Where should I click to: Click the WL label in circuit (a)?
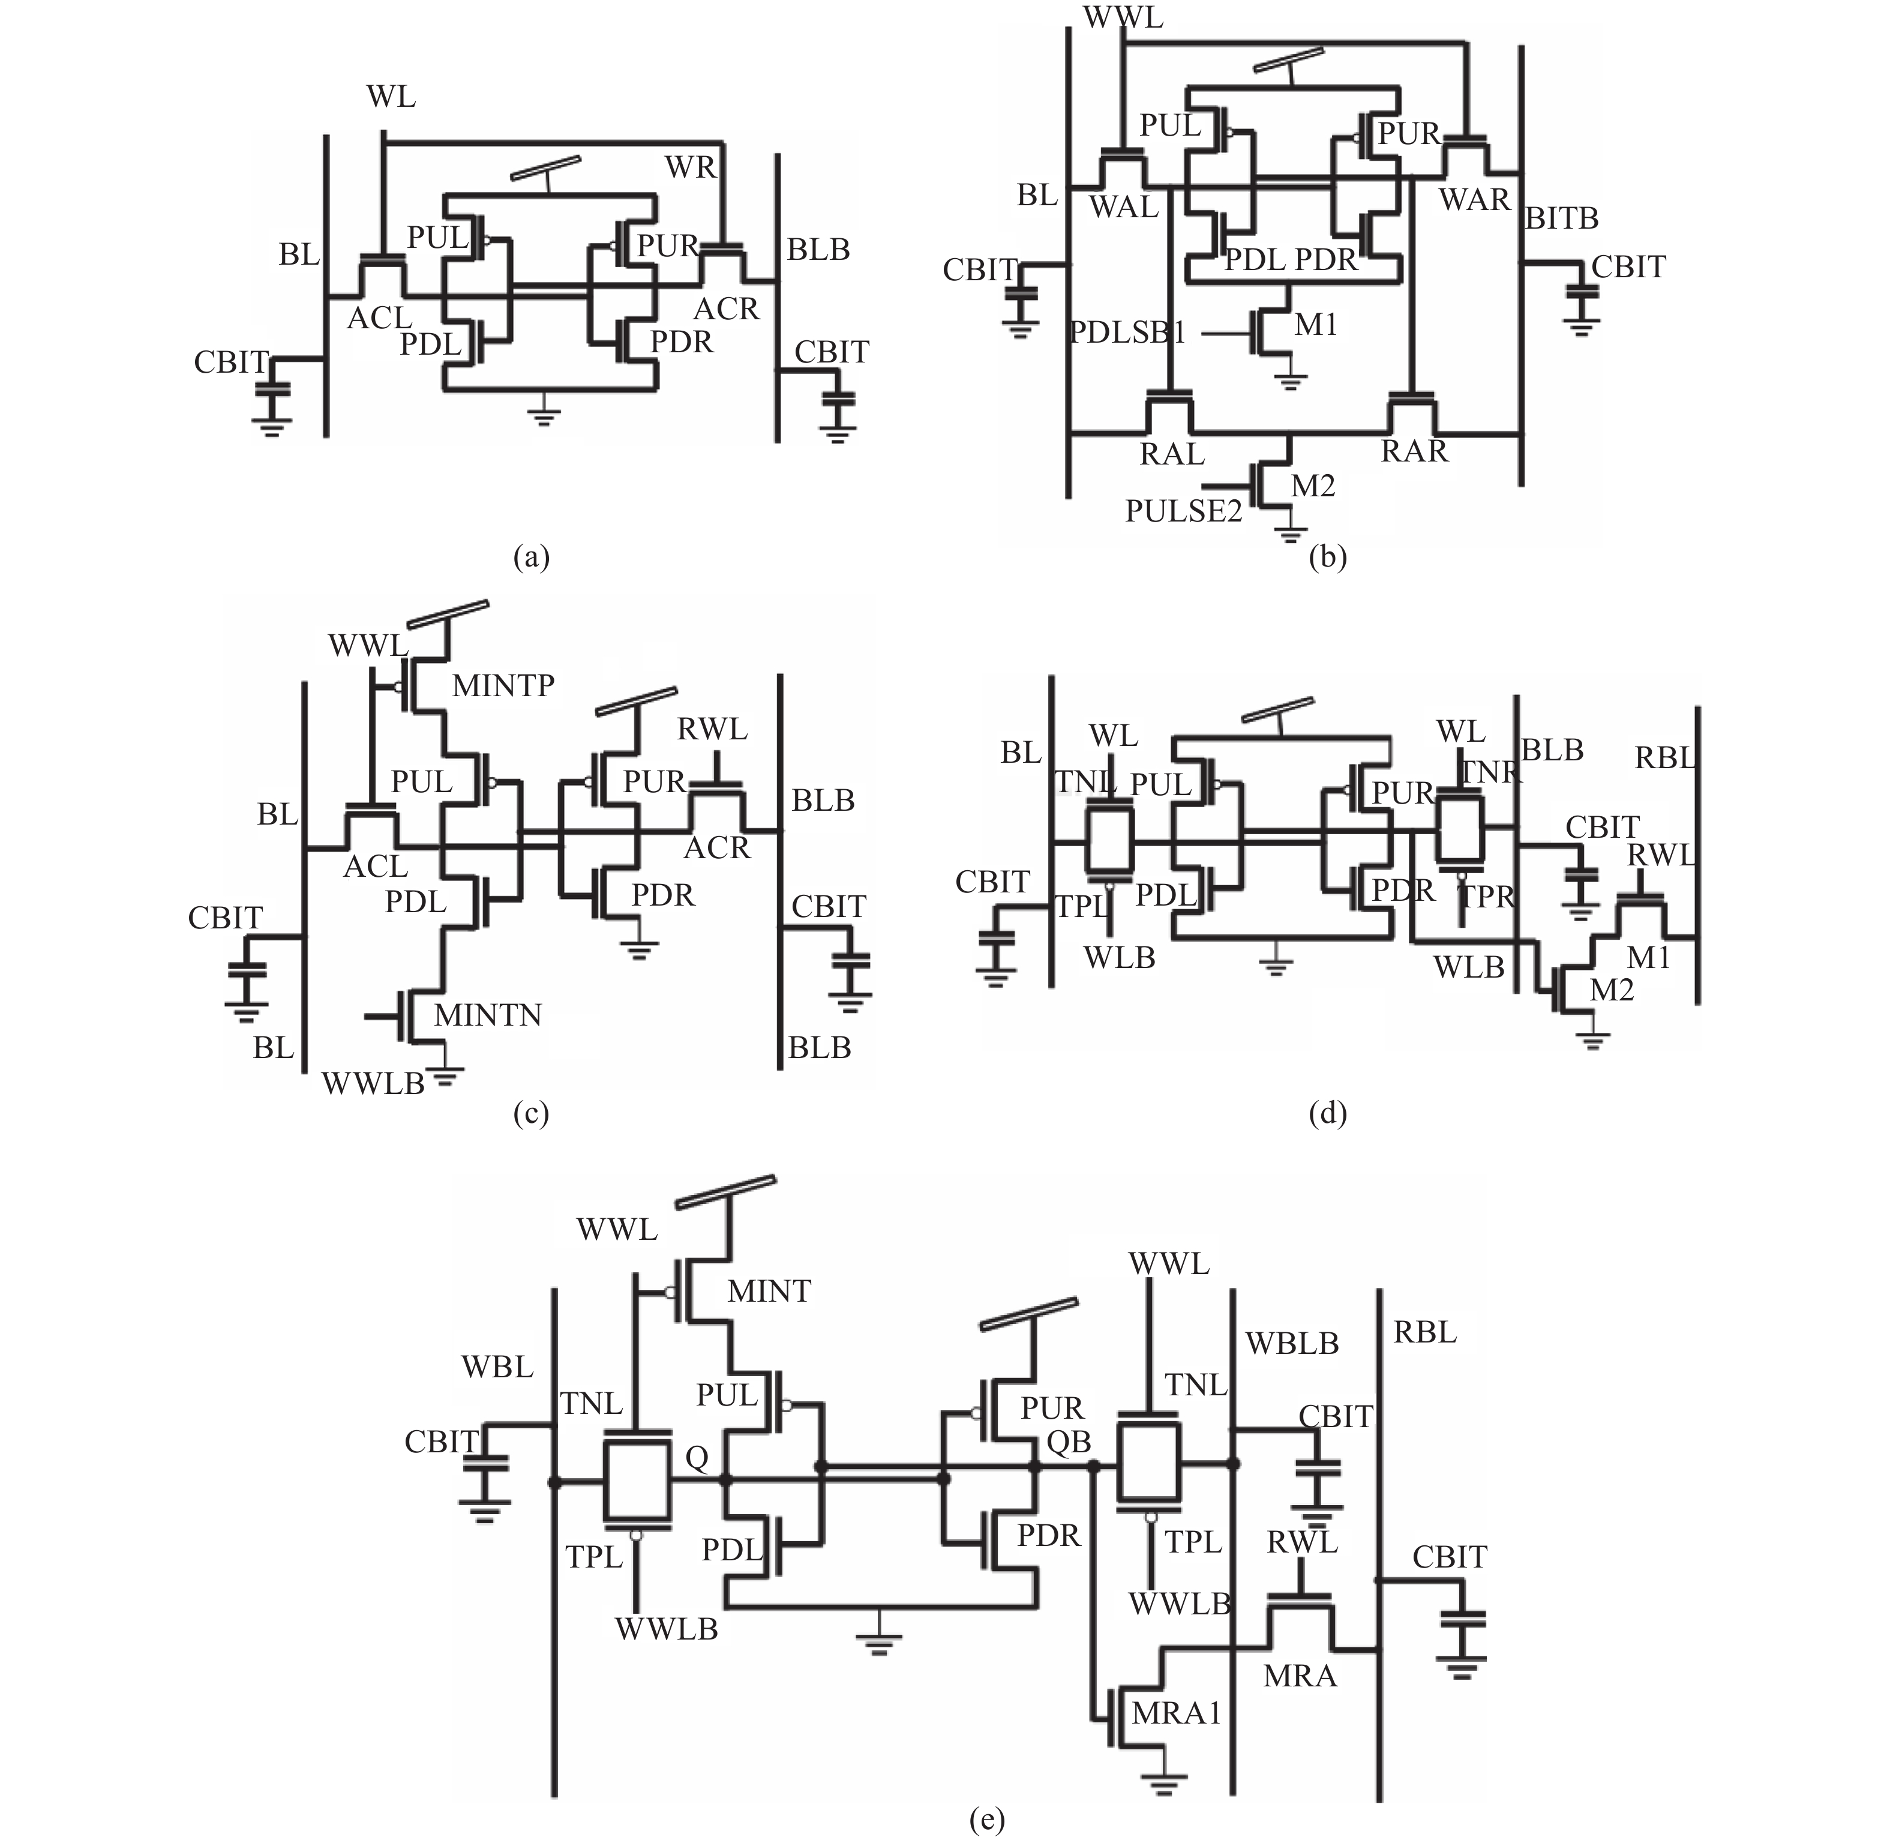click(391, 98)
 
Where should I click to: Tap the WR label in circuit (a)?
click(691, 168)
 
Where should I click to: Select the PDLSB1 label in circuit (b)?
click(1127, 332)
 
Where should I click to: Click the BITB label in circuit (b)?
click(1561, 220)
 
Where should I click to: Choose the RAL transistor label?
click(1172, 454)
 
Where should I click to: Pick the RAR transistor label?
click(1415, 451)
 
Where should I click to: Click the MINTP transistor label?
click(503, 686)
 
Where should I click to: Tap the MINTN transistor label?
click(488, 1015)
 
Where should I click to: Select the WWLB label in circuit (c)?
click(373, 1084)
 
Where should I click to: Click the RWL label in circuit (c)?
click(712, 730)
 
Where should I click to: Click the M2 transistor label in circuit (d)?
click(1612, 991)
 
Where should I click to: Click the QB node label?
click(1069, 1443)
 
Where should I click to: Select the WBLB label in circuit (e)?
click(1292, 1343)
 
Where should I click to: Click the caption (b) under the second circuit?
click(1327, 558)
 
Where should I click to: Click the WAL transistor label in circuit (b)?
click(1123, 207)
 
